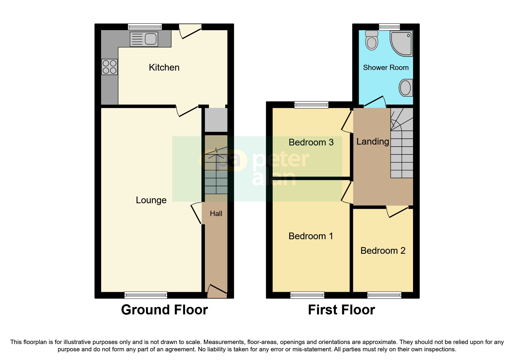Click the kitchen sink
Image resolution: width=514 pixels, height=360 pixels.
coord(144,39)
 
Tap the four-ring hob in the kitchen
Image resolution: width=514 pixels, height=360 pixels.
coord(109,67)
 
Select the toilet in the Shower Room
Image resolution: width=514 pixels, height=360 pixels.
coord(372,41)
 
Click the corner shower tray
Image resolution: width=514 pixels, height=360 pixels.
coord(402,44)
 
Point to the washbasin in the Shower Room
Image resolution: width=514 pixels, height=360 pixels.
coord(405,87)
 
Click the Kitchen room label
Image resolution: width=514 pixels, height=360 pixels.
coord(164,67)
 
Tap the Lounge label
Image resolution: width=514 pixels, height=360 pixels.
coord(151,200)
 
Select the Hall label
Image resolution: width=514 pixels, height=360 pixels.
coord(216,214)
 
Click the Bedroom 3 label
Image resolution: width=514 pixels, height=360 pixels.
coord(311,142)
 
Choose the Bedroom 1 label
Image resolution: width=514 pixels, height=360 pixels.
coord(311,236)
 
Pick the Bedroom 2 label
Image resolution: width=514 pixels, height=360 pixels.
coord(383,251)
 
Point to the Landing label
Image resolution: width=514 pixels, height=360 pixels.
coord(372,141)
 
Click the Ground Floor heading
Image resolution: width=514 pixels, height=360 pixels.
coord(164,310)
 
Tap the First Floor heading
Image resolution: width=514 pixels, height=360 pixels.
coord(341,310)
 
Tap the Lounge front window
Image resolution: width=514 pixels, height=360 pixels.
coord(146,295)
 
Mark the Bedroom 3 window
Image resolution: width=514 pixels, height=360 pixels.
coord(311,105)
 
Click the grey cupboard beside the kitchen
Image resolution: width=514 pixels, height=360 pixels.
coord(216,120)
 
